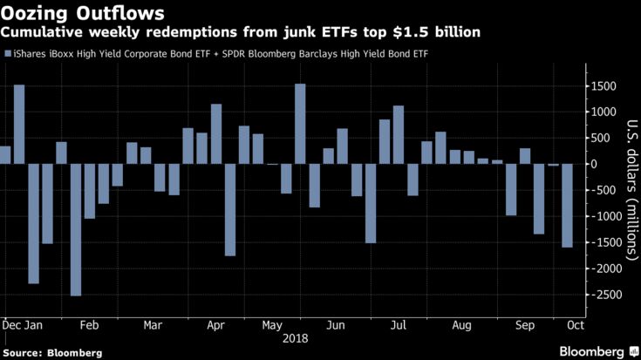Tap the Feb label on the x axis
click(89, 324)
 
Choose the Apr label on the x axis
click(215, 324)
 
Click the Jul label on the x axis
click(398, 324)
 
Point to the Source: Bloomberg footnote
click(51, 353)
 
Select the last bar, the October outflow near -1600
click(567, 206)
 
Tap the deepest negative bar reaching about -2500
click(76, 230)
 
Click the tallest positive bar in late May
click(300, 124)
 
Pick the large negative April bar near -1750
click(230, 209)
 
